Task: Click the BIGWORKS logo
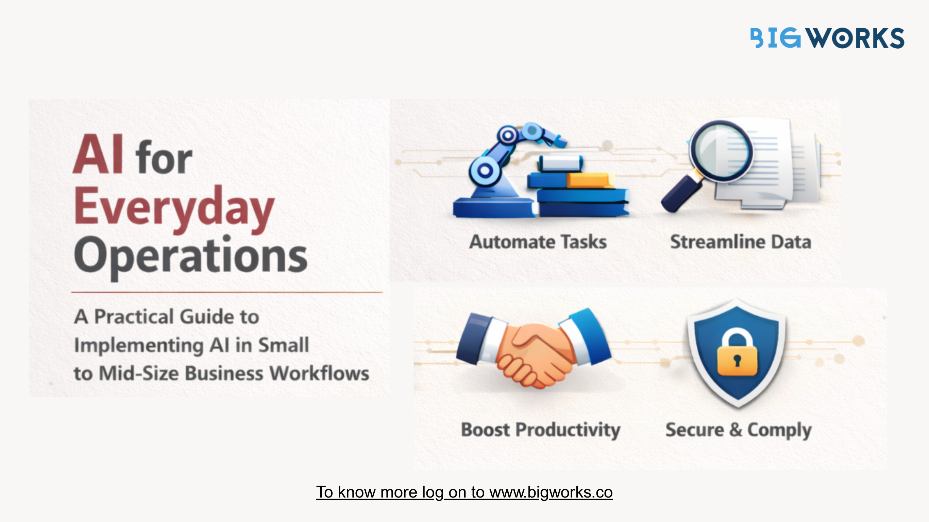point(827,38)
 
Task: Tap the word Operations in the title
point(191,257)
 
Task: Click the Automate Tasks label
point(538,242)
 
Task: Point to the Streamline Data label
point(741,242)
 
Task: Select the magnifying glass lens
point(721,151)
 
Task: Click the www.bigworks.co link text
point(551,492)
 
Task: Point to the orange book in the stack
point(590,180)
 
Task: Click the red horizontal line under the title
point(227,292)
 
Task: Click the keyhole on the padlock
point(737,360)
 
